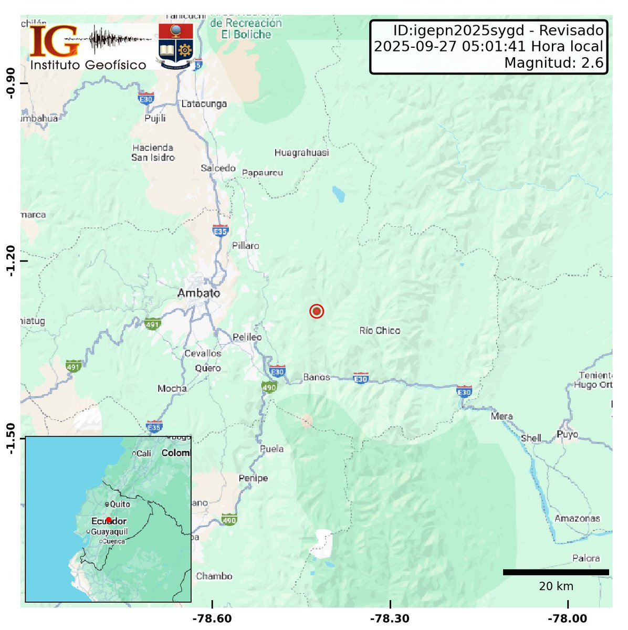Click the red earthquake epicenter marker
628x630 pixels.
316,311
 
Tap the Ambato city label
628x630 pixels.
198,293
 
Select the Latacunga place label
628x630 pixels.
204,104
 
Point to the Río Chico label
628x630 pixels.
380,331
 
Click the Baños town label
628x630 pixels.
317,377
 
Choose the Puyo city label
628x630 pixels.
567,434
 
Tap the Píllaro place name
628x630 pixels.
246,246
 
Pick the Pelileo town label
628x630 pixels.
247,337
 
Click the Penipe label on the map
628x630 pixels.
253,478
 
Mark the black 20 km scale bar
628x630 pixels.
556,572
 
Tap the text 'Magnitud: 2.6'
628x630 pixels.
553,63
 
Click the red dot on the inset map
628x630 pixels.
109,520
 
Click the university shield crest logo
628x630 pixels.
175,46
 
